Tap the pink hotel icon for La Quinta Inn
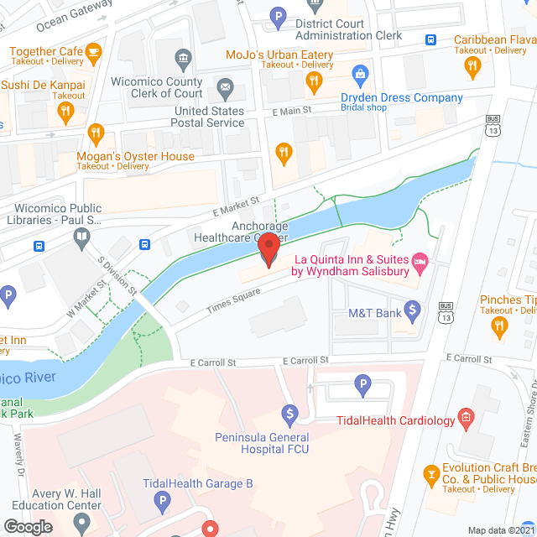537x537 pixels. [420, 265]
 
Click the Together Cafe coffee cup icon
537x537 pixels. [93, 53]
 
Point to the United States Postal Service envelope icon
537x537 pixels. [225, 86]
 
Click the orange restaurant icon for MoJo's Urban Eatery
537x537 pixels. [314, 81]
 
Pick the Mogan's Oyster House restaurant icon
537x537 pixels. [96, 133]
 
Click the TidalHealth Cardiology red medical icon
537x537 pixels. [466, 419]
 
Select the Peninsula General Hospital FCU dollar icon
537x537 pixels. [289, 414]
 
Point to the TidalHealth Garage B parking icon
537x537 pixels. [163, 503]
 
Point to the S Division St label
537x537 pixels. [117, 272]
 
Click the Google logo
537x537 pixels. [28, 526]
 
